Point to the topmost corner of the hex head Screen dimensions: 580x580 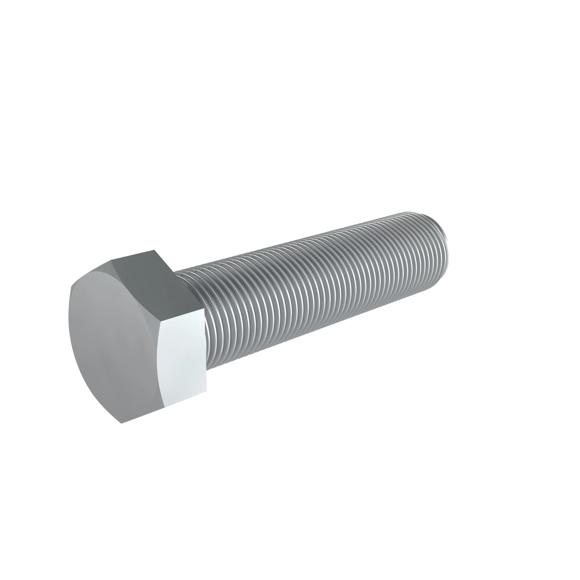point(154,250)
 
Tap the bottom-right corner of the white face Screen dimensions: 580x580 point(207,391)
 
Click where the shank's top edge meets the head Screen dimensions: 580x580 point(175,272)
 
